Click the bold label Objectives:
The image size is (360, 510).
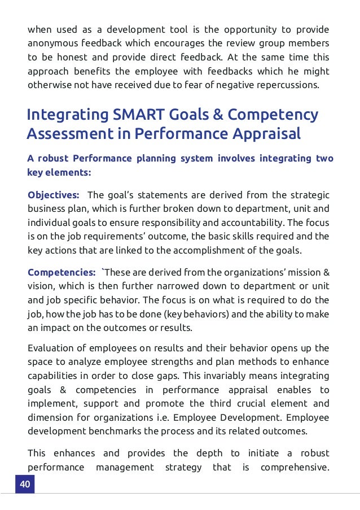(x=54, y=195)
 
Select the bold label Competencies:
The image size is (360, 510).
(x=62, y=273)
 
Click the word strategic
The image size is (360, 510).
(x=309, y=195)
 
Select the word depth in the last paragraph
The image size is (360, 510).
(x=209, y=454)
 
